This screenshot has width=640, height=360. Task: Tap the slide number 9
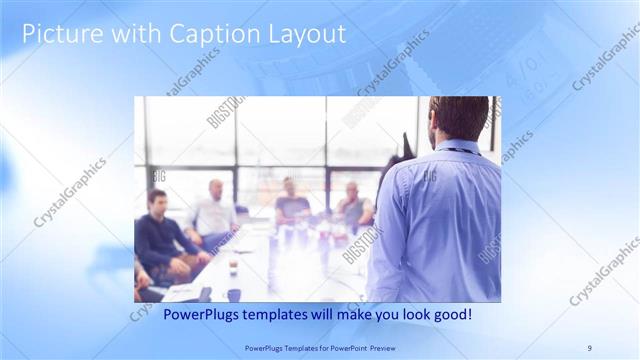pos(589,347)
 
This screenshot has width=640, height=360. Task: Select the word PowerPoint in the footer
pos(343,347)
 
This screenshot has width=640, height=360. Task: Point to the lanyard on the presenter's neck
pos(457,151)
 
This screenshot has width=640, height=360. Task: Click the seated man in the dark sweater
pos(160,235)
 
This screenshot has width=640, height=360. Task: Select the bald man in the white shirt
pos(213,211)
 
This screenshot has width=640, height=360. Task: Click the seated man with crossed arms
pos(353,205)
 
